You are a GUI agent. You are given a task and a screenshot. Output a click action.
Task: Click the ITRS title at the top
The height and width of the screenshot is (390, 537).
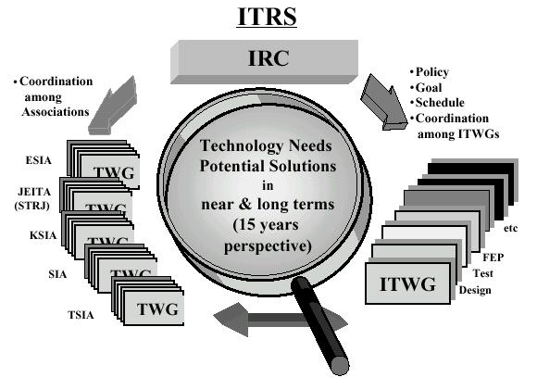pos(268,17)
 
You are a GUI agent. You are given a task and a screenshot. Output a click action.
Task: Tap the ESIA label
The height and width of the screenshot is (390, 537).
pos(39,160)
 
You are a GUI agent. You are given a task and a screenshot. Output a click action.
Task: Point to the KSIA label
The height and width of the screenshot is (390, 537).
pos(44,235)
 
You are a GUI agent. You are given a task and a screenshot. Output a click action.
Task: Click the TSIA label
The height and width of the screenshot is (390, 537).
pos(81,315)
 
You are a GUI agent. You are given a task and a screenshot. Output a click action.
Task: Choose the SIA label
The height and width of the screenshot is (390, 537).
pos(57,274)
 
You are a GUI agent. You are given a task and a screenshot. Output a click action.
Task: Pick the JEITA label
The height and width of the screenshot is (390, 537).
pos(34,192)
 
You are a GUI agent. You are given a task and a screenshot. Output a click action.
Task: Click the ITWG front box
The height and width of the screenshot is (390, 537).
pos(407,283)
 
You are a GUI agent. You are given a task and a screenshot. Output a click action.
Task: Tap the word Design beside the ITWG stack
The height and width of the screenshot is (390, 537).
pos(475,290)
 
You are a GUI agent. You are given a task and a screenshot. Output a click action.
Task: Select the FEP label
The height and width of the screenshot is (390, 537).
pos(493,258)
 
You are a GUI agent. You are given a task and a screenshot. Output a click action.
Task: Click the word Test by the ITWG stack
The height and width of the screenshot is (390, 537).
pos(483,273)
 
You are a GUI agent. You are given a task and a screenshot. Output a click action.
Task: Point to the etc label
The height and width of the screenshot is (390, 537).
pos(511,228)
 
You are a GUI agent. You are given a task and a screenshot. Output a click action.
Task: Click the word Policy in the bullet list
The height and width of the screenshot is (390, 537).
pos(432,72)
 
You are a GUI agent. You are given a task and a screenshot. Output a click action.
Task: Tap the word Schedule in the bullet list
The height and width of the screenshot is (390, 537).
pos(440,103)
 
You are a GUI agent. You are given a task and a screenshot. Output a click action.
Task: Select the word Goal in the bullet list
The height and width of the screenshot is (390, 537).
pos(429,88)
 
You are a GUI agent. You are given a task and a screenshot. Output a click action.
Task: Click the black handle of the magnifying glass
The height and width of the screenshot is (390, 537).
pos(320,325)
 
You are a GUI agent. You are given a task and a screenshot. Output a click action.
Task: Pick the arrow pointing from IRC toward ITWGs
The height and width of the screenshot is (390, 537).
pos(384,102)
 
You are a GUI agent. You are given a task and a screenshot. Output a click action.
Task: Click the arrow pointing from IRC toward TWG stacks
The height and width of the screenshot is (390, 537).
pos(113,106)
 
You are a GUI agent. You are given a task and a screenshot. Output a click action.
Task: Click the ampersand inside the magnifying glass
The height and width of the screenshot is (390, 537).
pos(245,204)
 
